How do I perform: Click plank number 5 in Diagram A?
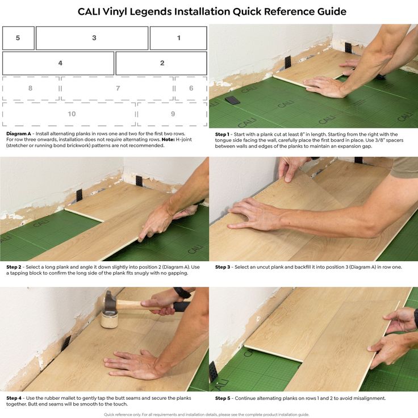click(18, 38)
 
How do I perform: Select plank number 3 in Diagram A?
click(92, 38)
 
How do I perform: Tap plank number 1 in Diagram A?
click(178, 38)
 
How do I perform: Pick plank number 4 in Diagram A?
click(58, 63)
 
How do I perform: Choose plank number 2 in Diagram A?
click(161, 63)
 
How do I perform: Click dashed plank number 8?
click(31, 88)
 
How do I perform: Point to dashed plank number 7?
click(117, 88)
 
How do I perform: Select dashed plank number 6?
click(191, 88)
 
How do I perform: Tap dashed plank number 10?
click(69, 114)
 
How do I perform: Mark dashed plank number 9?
click(172, 114)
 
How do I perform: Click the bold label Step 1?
click(222, 135)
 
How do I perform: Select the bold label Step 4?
click(14, 398)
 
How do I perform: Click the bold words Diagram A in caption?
click(19, 134)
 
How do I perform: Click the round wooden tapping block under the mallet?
click(109, 319)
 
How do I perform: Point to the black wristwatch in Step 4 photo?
click(182, 292)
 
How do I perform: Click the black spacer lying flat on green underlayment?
click(232, 100)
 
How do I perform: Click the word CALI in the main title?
click(89, 11)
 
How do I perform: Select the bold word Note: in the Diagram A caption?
click(168, 140)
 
